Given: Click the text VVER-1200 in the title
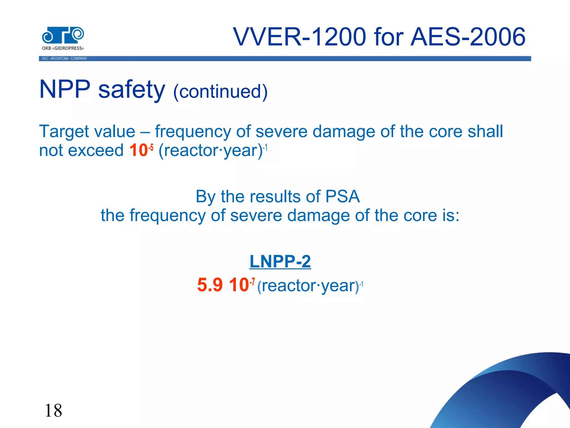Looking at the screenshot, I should coord(299,37).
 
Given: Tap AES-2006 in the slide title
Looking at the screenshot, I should coord(468,37).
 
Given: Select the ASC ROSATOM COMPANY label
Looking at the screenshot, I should coord(64,59).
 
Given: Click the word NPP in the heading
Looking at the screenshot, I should coord(65,89).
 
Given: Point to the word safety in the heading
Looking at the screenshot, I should coord(132,89).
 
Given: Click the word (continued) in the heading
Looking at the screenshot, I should coord(220,91).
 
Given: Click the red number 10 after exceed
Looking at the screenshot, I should coord(138,150).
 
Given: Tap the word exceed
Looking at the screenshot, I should coord(96,150).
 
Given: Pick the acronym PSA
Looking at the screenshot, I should coord(342,196).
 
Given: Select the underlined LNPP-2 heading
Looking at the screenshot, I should coord(280,261).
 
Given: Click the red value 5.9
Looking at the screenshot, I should coord(210,285).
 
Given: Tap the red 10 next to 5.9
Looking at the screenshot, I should coord(239,285).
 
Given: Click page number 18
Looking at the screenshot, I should coord(53,410).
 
